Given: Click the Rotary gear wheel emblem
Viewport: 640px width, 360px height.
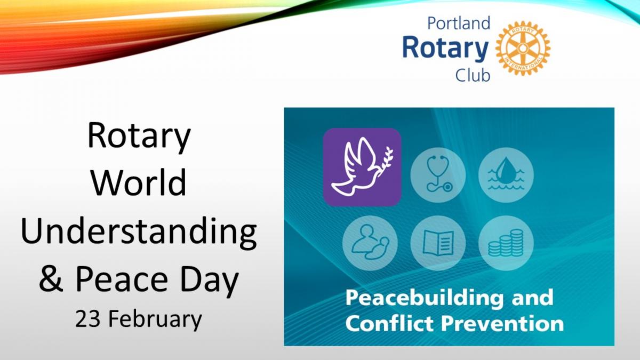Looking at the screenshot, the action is pyautogui.click(x=523, y=48).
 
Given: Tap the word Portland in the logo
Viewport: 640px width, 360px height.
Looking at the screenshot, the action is pyautogui.click(x=459, y=23).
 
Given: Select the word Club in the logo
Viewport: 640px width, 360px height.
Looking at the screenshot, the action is pyautogui.click(x=473, y=76).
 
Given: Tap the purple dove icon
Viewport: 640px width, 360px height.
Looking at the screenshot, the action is pyautogui.click(x=362, y=167).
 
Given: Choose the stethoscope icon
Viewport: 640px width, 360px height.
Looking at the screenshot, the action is pyautogui.click(x=438, y=175).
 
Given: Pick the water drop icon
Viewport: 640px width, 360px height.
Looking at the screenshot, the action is pyautogui.click(x=506, y=175).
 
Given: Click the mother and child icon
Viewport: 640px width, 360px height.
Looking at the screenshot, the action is pyautogui.click(x=370, y=243).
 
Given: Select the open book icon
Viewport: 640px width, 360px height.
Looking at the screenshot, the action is pyautogui.click(x=438, y=243).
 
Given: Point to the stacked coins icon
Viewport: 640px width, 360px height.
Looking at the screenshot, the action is pyautogui.click(x=506, y=243).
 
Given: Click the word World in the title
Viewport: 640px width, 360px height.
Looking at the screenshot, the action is pyautogui.click(x=139, y=182).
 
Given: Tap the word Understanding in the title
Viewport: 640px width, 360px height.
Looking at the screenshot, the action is pyautogui.click(x=139, y=231).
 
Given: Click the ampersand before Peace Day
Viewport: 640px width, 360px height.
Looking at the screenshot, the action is pyautogui.click(x=51, y=278).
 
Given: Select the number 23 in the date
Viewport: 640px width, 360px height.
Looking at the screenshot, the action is pyautogui.click(x=87, y=319).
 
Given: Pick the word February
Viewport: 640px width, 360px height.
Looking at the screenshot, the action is pyautogui.click(x=155, y=321).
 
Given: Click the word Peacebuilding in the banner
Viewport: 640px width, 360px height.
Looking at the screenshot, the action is pyautogui.click(x=425, y=298).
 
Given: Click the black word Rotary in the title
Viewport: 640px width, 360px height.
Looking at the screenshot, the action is pyautogui.click(x=139, y=136).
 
